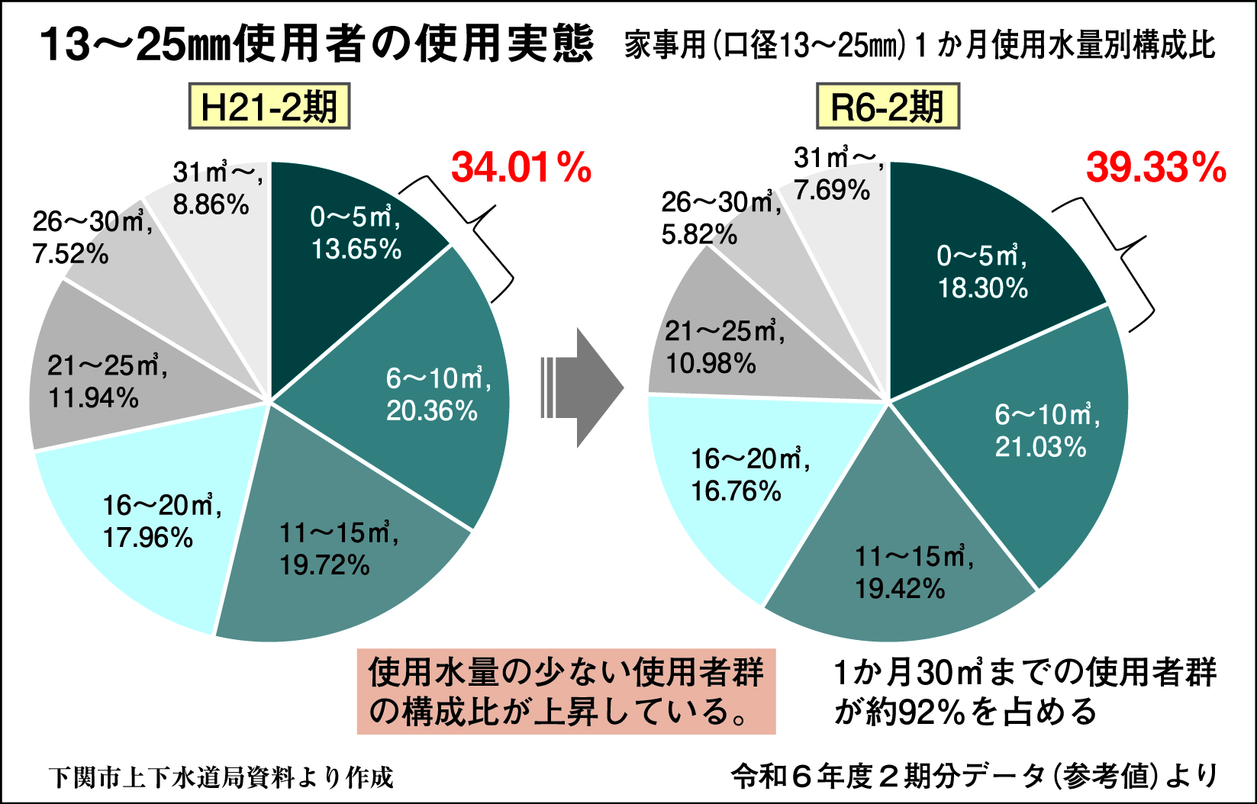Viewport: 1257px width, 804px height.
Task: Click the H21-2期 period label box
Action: [x=269, y=107]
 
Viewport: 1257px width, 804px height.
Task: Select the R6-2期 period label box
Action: [x=887, y=107]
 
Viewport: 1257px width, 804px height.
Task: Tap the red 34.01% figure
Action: [x=521, y=168]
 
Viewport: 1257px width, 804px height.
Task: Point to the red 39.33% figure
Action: [x=1155, y=168]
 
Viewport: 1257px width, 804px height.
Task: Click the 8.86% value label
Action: [x=211, y=204]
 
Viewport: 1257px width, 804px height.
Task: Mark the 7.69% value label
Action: [x=831, y=190]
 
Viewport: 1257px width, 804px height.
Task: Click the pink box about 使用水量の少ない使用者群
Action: [x=566, y=691]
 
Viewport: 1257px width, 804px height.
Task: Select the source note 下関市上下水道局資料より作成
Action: [x=221, y=777]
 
